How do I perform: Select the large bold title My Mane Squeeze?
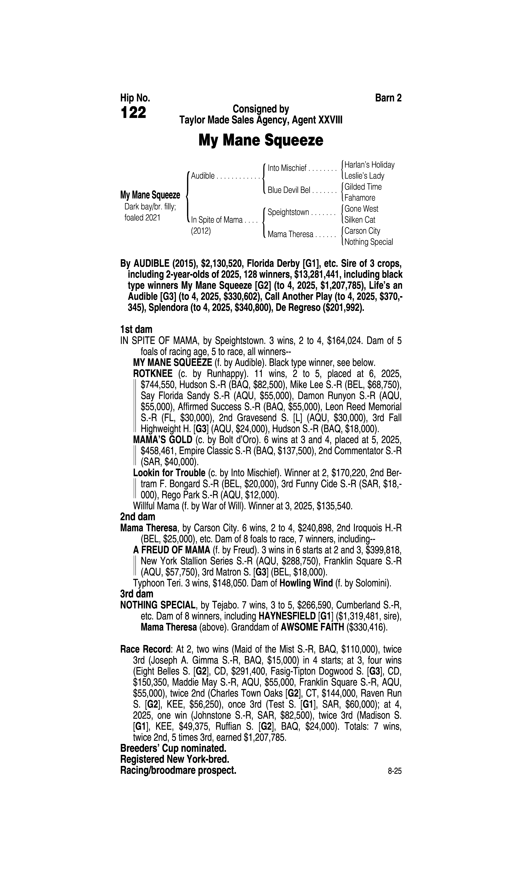click(261, 140)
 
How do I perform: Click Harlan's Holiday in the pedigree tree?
click(369, 165)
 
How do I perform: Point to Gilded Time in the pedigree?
click(363, 187)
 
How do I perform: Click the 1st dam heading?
click(136, 330)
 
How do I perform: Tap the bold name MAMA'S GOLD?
click(163, 440)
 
